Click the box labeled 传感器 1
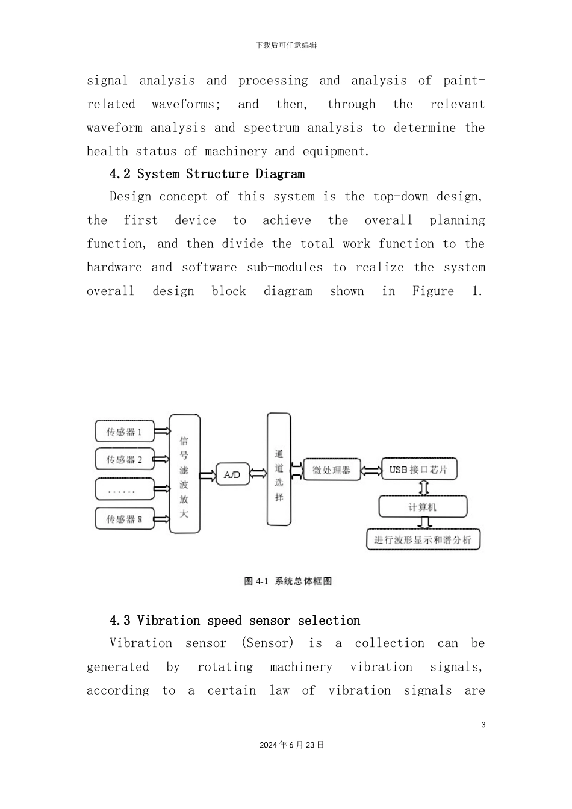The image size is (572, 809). click(125, 432)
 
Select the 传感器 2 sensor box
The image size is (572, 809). click(125, 459)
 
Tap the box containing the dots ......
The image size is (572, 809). click(125, 489)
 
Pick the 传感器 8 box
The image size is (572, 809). click(125, 518)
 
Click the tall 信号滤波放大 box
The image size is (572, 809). click(184, 474)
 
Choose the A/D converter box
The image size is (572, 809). click(232, 474)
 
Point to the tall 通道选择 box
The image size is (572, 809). click(279, 469)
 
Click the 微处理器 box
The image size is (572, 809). click(331, 470)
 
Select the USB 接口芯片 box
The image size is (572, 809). click(419, 470)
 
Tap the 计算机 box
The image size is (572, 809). click(423, 507)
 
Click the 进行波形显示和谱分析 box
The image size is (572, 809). click(423, 539)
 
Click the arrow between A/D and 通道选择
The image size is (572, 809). click(258, 474)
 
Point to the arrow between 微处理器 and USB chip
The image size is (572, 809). click(371, 470)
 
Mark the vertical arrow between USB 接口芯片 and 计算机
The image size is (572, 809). click(424, 488)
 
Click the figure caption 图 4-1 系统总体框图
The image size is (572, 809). click(288, 581)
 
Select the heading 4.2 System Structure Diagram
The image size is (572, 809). click(207, 174)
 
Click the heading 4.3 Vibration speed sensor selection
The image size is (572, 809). click(235, 621)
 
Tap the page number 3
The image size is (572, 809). click(483, 725)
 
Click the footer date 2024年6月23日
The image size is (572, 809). click(292, 745)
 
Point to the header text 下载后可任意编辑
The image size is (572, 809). click(286, 45)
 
